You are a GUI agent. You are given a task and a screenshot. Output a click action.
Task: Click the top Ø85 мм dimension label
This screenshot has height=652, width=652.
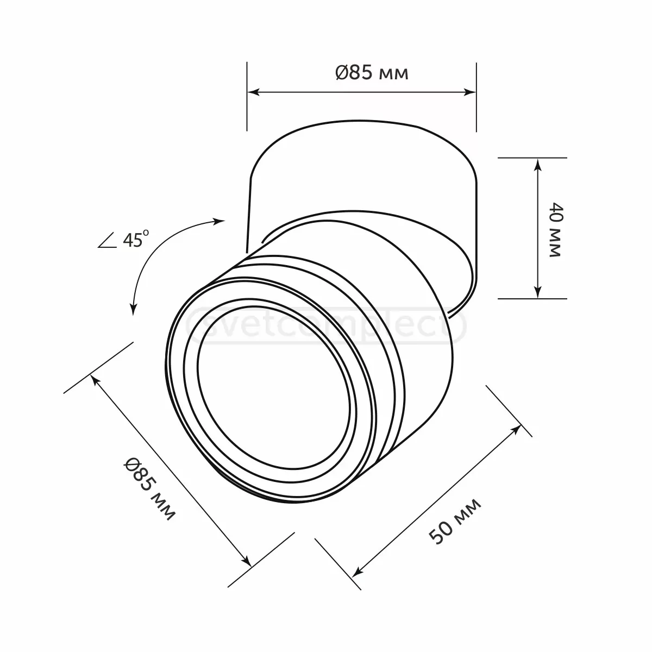click(372, 73)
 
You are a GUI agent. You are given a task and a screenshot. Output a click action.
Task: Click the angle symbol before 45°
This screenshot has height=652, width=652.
click(108, 241)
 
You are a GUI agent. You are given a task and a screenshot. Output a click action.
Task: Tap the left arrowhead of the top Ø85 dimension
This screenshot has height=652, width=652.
click(253, 92)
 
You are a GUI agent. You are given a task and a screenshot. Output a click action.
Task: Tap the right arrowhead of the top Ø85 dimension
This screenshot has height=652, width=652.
click(471, 92)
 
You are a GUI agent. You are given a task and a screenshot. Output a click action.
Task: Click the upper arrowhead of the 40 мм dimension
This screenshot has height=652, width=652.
click(537, 164)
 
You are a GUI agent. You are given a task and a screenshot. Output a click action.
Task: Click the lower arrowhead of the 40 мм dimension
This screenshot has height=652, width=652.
click(537, 292)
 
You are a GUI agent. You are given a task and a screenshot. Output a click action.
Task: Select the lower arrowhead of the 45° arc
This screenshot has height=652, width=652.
click(133, 309)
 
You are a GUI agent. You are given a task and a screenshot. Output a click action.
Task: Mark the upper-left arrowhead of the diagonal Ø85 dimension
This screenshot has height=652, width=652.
click(96, 380)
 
